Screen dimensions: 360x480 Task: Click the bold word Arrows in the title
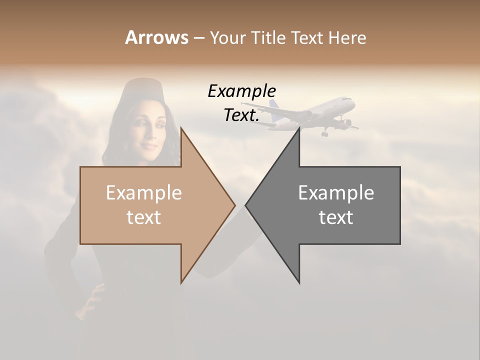pyautogui.click(x=156, y=37)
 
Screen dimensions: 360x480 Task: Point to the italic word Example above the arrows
pyautogui.click(x=241, y=91)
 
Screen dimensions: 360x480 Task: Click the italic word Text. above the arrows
pyautogui.click(x=241, y=115)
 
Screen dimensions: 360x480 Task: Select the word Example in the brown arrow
pyautogui.click(x=144, y=192)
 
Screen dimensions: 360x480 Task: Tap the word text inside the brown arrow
pyautogui.click(x=144, y=217)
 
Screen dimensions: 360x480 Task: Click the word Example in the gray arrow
pyautogui.click(x=336, y=192)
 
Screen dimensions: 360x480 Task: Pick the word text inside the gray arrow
pyautogui.click(x=336, y=217)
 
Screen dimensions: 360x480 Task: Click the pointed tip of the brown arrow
pyautogui.click(x=234, y=205)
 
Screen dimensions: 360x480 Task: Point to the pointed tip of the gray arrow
pyautogui.click(x=246, y=205)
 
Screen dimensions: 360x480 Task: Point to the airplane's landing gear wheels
pyautogui.click(x=325, y=133)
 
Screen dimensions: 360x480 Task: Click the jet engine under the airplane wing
pyautogui.click(x=346, y=122)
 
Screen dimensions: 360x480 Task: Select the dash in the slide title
pyautogui.click(x=198, y=38)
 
